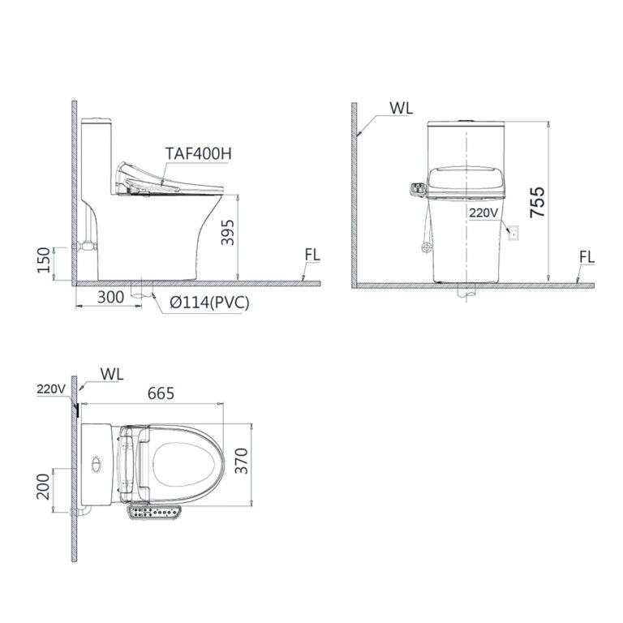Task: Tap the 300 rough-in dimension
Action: pyautogui.click(x=112, y=298)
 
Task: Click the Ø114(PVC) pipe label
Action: pyautogui.click(x=209, y=303)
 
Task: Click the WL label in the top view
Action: pyautogui.click(x=111, y=373)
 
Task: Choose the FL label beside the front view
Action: pyautogui.click(x=587, y=257)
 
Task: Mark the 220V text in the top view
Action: pyautogui.click(x=49, y=389)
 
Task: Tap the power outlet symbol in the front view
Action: pyautogui.click(x=511, y=234)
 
